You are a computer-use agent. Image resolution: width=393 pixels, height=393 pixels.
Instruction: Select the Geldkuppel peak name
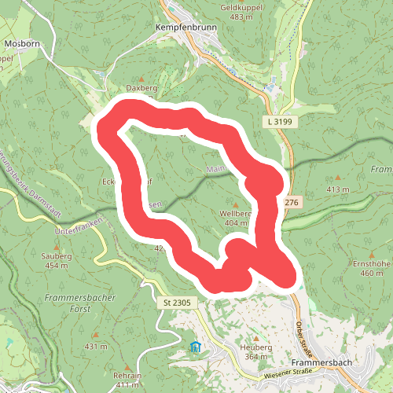point(240,6)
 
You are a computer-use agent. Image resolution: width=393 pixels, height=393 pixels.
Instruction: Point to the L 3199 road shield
point(278,123)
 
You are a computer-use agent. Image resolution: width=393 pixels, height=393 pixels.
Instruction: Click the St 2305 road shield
point(178,303)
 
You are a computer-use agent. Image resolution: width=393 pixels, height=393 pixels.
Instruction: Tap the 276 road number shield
point(292,203)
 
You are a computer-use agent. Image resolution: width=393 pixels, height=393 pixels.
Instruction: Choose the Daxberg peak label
point(142,90)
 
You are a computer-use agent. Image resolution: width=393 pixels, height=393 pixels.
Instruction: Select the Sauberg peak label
point(56,256)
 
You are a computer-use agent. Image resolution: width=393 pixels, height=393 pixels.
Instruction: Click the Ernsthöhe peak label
point(371,264)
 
